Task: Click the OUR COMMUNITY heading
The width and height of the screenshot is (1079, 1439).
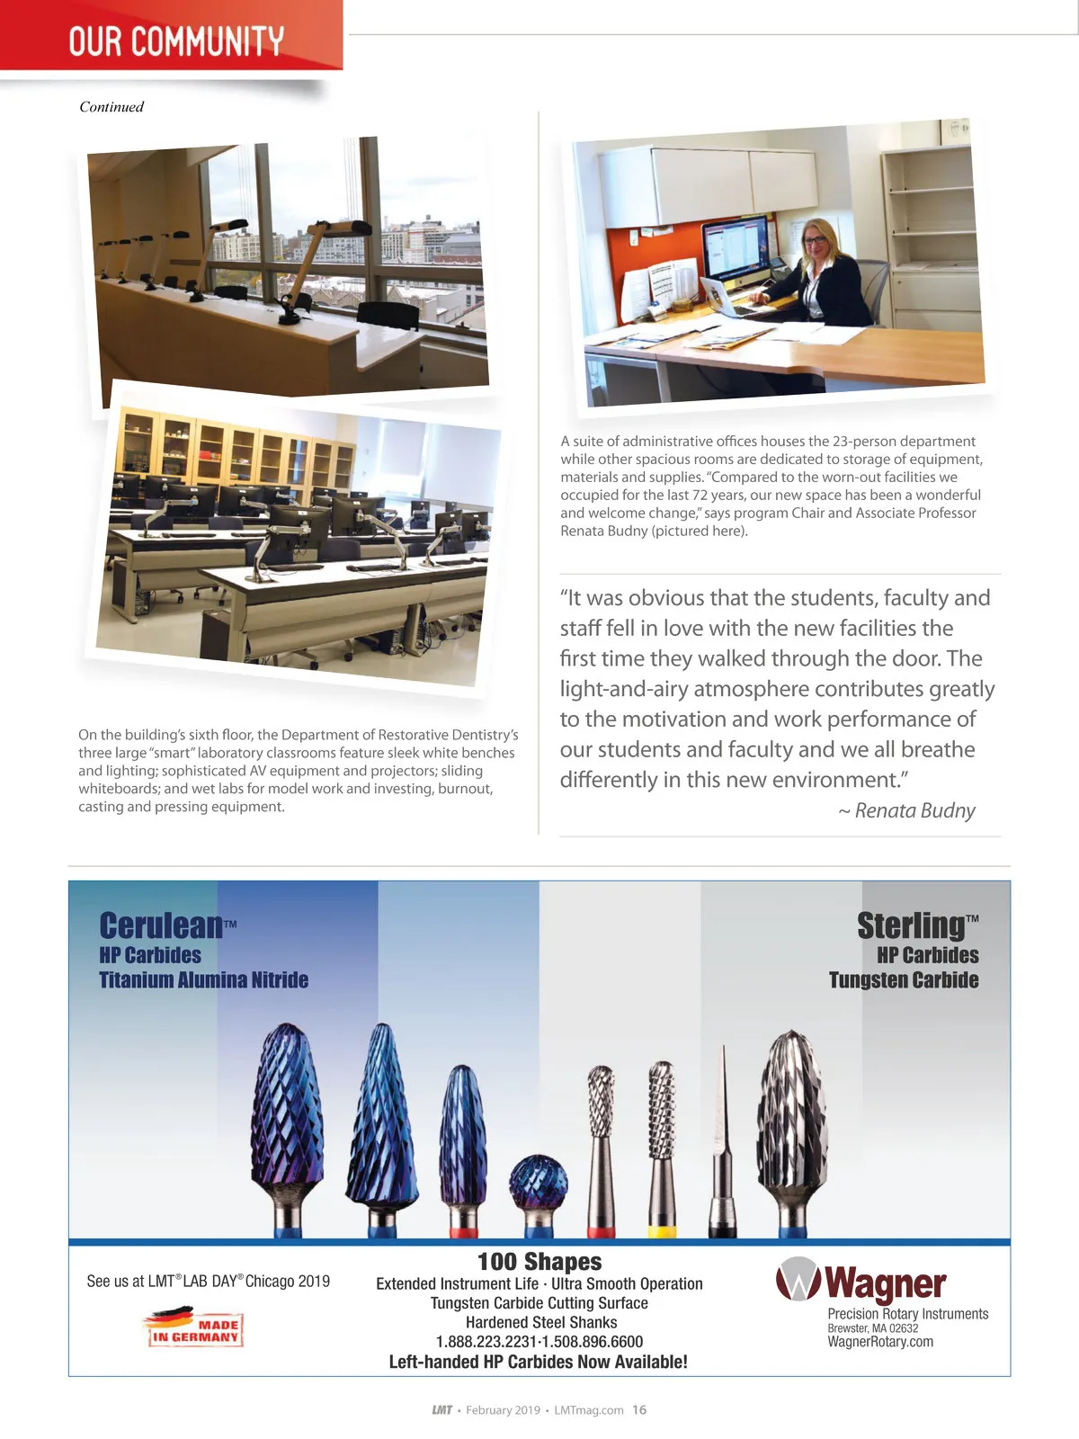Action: (x=176, y=41)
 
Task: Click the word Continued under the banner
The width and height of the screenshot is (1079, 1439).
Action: (x=111, y=107)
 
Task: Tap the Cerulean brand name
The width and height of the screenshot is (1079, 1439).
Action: (x=161, y=925)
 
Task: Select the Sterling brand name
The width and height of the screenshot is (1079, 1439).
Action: (x=911, y=925)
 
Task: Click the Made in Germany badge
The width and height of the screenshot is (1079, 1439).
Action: (x=194, y=1327)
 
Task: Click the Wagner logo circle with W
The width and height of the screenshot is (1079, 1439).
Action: (x=797, y=1280)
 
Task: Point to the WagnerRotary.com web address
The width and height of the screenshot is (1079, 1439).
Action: (x=880, y=1342)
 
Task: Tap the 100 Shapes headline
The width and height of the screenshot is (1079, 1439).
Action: (x=539, y=1262)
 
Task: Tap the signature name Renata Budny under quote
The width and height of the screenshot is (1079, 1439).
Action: (x=914, y=811)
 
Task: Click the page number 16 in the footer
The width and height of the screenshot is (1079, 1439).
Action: (x=639, y=1410)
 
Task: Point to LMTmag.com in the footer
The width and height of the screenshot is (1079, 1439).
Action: (x=589, y=1410)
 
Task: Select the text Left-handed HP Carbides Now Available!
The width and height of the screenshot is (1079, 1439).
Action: (x=538, y=1362)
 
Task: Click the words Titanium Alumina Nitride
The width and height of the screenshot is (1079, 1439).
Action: (x=204, y=980)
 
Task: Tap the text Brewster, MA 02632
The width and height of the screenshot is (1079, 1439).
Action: (x=872, y=1328)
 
